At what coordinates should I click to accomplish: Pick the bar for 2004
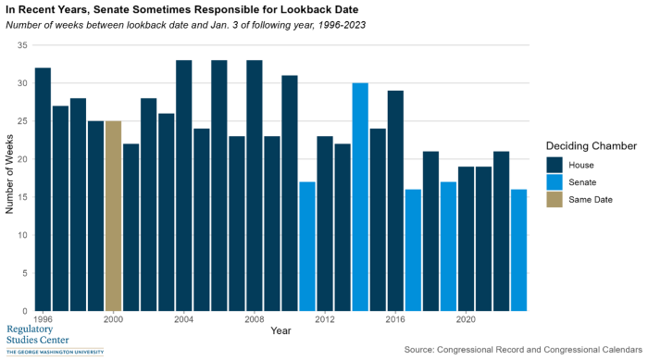[x=183, y=185]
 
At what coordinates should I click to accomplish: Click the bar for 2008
[x=254, y=185]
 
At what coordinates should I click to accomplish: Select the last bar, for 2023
[x=518, y=250]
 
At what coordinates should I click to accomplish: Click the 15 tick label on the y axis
[x=22, y=197]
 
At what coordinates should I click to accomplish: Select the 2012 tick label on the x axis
[x=325, y=319]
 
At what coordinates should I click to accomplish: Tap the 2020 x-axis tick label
[x=466, y=319]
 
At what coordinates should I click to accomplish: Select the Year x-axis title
[x=280, y=330]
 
